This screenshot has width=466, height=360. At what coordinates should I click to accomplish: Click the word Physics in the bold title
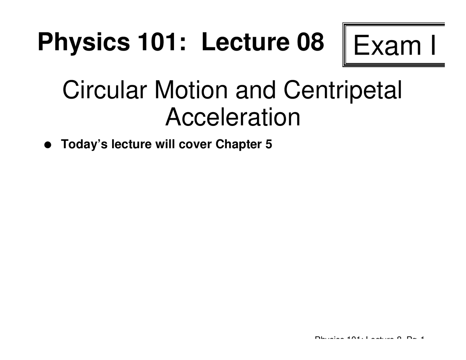[83, 42]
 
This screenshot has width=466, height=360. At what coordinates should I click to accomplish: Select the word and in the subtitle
[256, 90]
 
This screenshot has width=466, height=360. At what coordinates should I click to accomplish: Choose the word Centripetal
[343, 91]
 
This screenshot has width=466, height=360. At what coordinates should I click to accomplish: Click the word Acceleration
[233, 117]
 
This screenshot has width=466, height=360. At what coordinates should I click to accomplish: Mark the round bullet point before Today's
[47, 145]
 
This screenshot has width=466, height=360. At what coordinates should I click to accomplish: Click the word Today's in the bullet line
[84, 145]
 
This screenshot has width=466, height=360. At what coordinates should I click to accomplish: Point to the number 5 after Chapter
[269, 144]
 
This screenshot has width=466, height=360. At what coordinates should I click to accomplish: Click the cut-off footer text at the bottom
[369, 339]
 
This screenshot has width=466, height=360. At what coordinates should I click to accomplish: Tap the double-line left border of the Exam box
[344, 45]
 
